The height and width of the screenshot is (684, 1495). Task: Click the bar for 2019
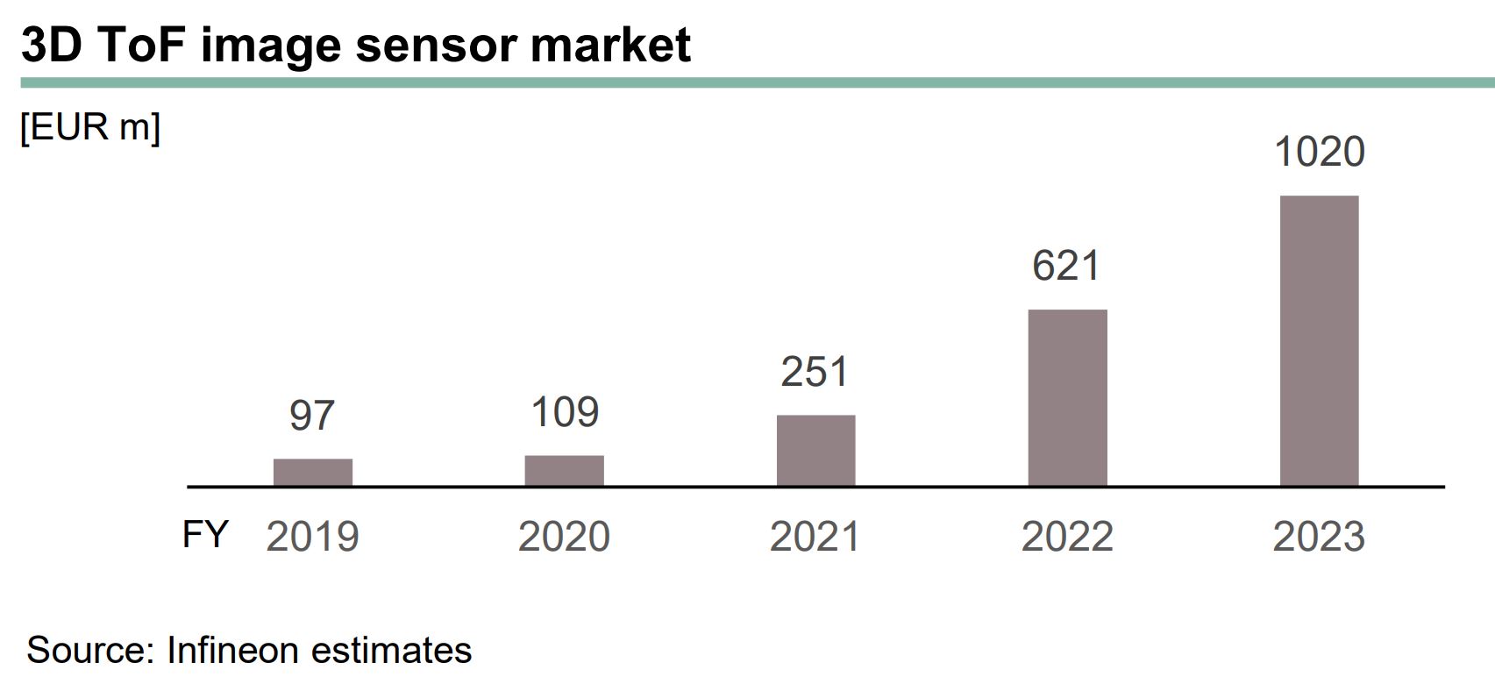[x=312, y=472]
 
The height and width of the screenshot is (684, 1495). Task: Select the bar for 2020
[x=564, y=470]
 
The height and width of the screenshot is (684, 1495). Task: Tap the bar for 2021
[x=815, y=450]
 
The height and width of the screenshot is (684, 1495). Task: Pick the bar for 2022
[x=1067, y=397]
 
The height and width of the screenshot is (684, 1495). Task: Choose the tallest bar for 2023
[x=1319, y=340]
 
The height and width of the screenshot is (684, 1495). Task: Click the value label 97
[x=312, y=415]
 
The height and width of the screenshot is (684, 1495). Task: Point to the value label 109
[x=565, y=411]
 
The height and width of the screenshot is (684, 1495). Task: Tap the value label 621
[x=1066, y=265]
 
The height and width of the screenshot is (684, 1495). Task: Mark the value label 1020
[x=1319, y=152]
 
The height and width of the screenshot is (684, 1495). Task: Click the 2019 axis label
[x=312, y=536]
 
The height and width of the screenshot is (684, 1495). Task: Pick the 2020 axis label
[x=564, y=536]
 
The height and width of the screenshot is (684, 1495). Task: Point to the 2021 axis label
[x=815, y=536]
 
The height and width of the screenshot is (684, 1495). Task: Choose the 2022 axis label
[x=1067, y=536]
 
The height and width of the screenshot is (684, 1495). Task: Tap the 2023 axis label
[x=1319, y=536]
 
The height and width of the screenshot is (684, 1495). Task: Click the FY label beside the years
[x=205, y=533]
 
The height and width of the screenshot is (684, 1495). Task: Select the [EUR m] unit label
[x=90, y=128]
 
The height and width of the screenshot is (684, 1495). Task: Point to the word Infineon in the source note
[x=231, y=650]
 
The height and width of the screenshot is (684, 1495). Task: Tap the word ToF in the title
[x=141, y=44]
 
